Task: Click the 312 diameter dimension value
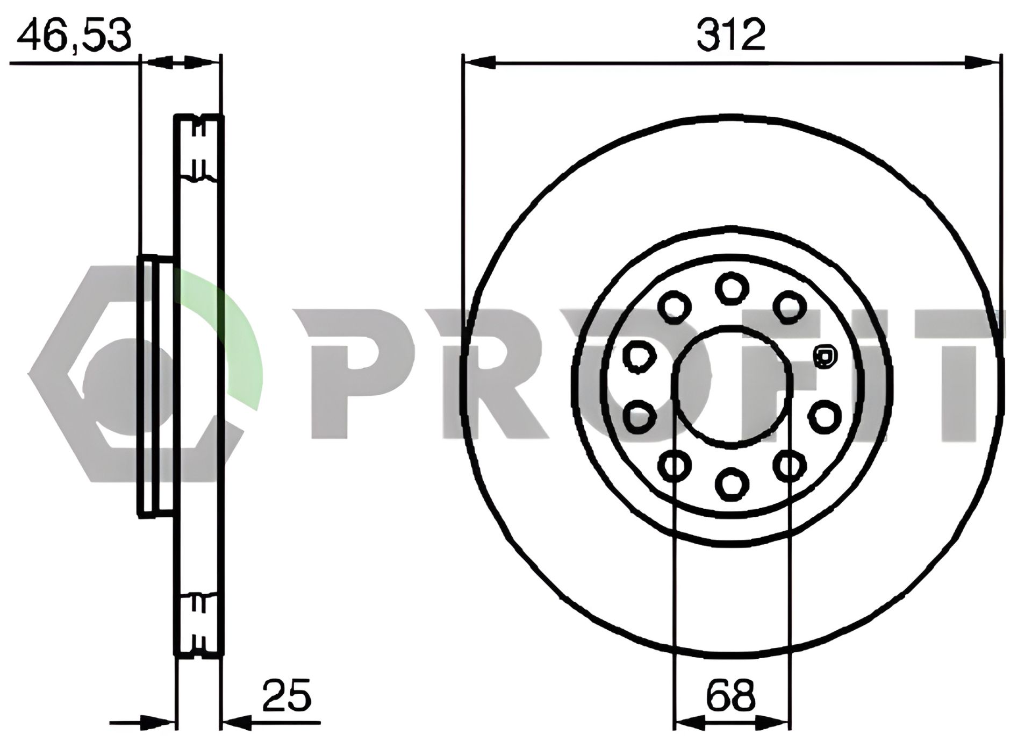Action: point(731,35)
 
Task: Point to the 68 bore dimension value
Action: point(731,695)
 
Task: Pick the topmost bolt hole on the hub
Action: point(732,288)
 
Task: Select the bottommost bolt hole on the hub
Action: point(732,482)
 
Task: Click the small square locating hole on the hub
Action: point(825,357)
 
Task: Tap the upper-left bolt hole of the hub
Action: point(675,307)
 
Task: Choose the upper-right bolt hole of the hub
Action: point(790,307)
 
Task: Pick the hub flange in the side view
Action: point(156,386)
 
